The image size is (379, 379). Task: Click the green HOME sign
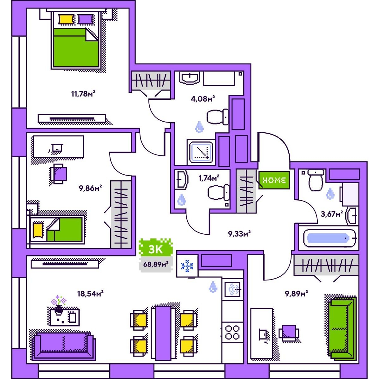click(274, 180)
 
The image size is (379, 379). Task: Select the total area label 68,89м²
click(155, 264)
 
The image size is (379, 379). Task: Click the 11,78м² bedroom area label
click(83, 94)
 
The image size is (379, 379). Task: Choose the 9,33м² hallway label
click(239, 234)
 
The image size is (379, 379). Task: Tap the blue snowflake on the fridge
click(187, 266)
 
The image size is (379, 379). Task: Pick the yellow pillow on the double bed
click(66, 19)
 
